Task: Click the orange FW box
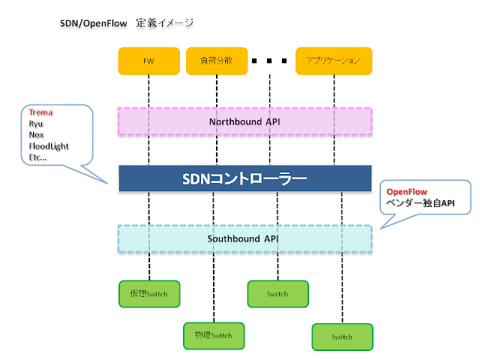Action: tap(148, 61)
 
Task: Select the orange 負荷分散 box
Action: tap(216, 61)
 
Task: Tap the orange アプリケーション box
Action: tap(333, 61)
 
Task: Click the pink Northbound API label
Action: tap(245, 121)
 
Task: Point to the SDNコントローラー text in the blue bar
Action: tap(245, 179)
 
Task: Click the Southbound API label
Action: tap(245, 239)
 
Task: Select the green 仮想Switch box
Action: tap(148, 293)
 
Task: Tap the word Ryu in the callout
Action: tap(36, 123)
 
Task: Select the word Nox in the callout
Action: tap(36, 134)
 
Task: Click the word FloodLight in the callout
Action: tap(49, 145)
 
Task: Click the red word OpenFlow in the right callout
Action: tap(406, 192)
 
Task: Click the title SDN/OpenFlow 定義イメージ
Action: tap(127, 23)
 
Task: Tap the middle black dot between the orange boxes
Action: tap(271, 61)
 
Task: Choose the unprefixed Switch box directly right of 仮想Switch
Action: tap(277, 293)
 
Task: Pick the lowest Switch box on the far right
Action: tap(342, 337)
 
